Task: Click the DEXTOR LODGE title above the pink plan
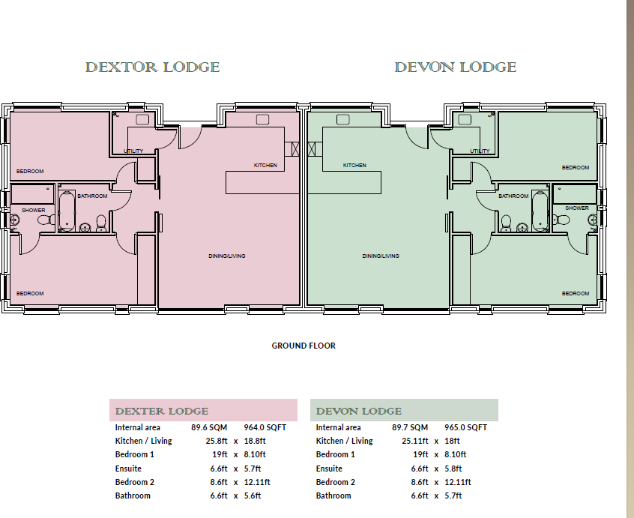tap(152, 67)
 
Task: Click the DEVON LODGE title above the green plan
tap(455, 67)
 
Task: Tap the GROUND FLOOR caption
tap(304, 346)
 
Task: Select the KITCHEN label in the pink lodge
tap(265, 165)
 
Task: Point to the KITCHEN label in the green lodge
tap(354, 165)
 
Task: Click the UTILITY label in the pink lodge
tap(133, 151)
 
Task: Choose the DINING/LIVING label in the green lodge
tap(381, 256)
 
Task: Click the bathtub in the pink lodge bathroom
tap(67, 212)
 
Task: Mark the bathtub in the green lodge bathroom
tap(540, 212)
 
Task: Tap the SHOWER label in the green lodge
tap(576, 208)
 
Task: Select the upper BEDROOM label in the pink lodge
tap(30, 172)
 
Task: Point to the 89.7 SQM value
tap(410, 427)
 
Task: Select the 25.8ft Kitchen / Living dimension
tap(217, 441)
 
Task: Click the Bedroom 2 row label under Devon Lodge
tap(336, 482)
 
